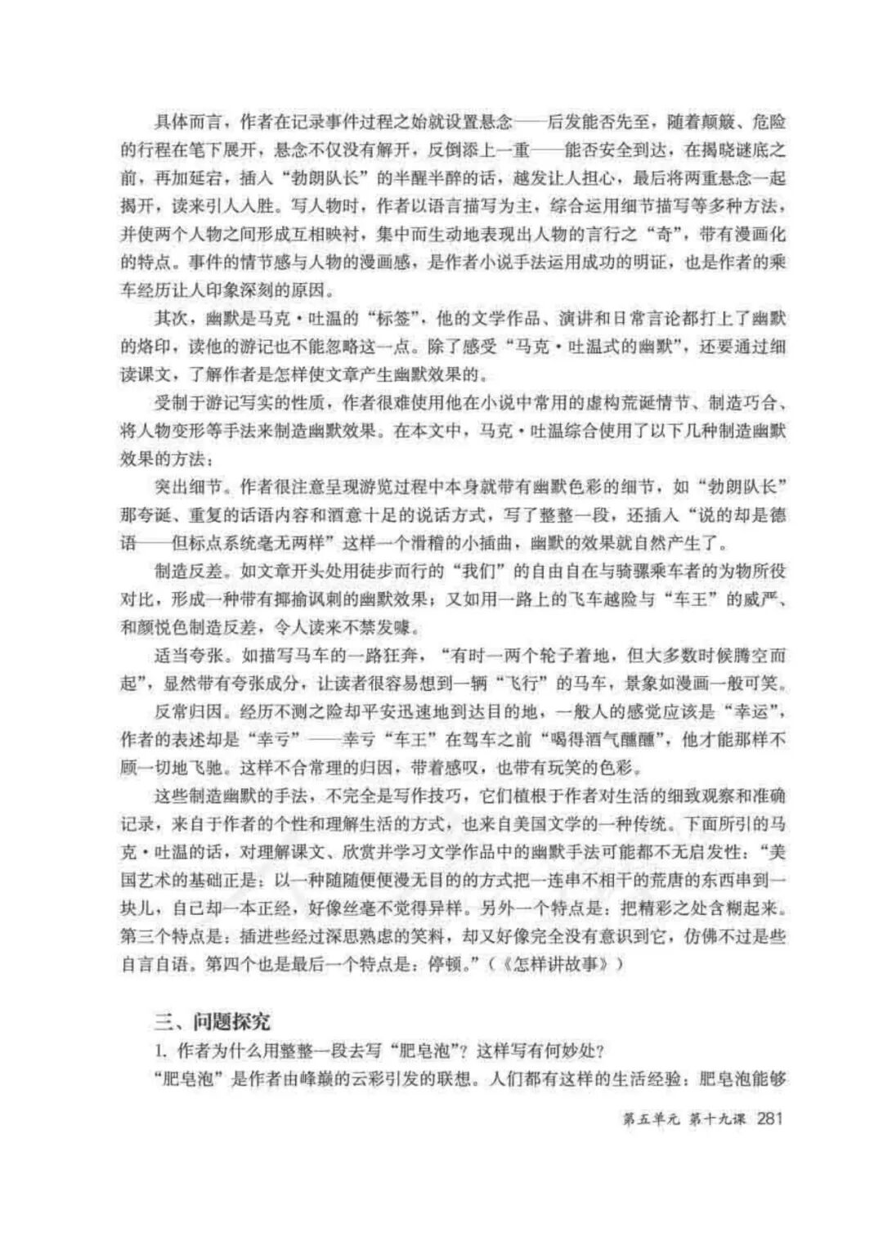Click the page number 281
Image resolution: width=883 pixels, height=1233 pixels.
point(771,1117)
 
